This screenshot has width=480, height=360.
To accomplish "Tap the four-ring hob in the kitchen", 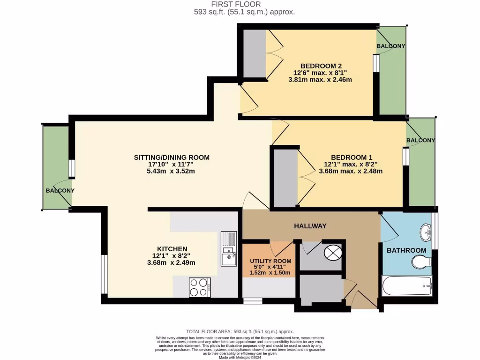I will click(x=199, y=287).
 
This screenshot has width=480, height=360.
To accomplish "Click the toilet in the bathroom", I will click(x=420, y=262).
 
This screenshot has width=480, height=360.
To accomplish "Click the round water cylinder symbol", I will click(x=333, y=253).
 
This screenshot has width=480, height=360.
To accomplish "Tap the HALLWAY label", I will click(x=310, y=226).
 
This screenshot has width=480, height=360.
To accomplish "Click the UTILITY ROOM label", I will click(x=270, y=261).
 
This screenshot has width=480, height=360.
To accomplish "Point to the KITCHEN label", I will click(x=172, y=248).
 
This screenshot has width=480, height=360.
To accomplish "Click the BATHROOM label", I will click(x=406, y=251).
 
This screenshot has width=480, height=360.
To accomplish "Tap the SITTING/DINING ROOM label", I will click(x=172, y=157).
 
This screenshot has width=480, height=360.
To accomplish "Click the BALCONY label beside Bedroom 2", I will click(x=390, y=46).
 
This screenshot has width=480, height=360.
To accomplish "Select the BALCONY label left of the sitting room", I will click(x=60, y=191).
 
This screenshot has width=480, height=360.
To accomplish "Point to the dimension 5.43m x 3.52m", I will click(x=172, y=171).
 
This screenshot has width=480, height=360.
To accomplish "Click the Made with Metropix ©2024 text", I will click(x=240, y=358).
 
